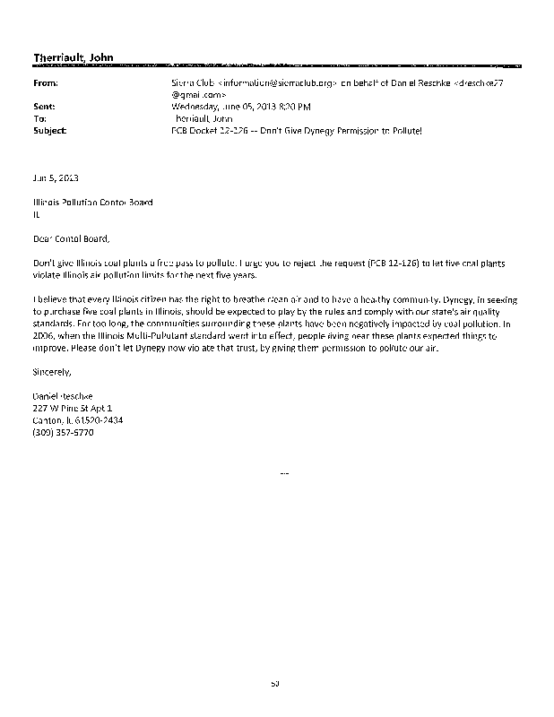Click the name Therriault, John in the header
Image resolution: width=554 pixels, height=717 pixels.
click(x=73, y=58)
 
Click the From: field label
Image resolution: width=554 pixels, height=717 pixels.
click(x=45, y=82)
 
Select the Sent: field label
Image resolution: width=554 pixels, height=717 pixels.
click(x=44, y=105)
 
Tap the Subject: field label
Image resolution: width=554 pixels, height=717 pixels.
click(x=48, y=130)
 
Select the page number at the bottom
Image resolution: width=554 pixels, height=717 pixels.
click(x=276, y=684)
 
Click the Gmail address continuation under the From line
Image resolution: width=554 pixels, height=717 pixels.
click(x=193, y=93)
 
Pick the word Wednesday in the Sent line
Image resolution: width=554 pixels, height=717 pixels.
click(x=196, y=105)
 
